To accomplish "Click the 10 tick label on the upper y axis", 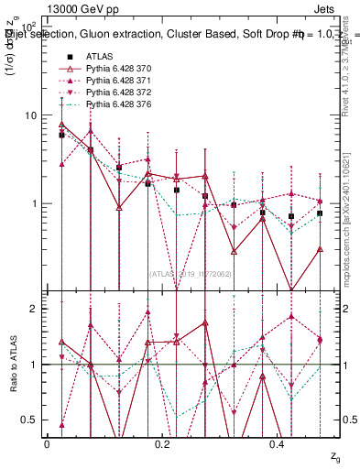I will [29, 115].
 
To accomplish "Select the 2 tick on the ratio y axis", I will [33, 310].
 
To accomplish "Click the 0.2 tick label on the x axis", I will [162, 444].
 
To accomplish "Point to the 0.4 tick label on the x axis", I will [278, 444].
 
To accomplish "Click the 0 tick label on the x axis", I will [47, 444].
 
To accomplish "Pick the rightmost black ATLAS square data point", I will [320, 213].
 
